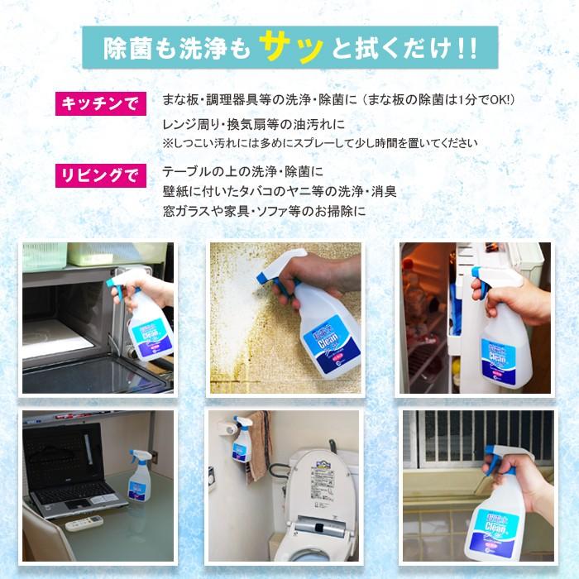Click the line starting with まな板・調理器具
click(339, 99)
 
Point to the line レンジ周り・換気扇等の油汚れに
click(254, 126)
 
